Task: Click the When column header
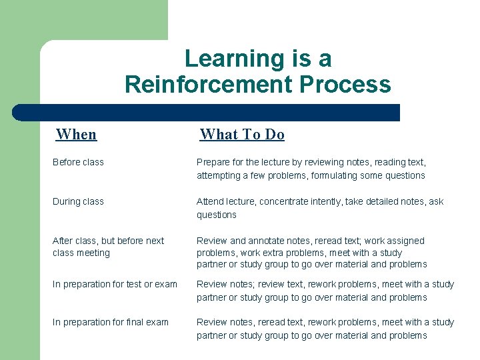tap(77, 134)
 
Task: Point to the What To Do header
tap(242, 134)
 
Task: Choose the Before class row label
tap(78, 162)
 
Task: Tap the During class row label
tap(78, 201)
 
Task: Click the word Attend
tap(210, 201)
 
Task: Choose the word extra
tap(287, 253)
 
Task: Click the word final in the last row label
tap(131, 322)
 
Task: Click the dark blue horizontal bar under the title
tap(207, 112)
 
